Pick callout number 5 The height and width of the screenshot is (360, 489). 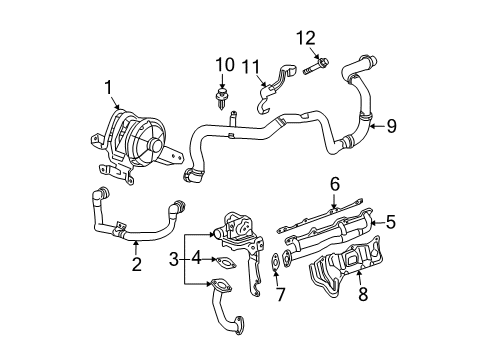(392, 220)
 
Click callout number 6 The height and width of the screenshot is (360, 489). (336, 183)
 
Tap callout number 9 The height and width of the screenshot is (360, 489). (392, 126)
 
